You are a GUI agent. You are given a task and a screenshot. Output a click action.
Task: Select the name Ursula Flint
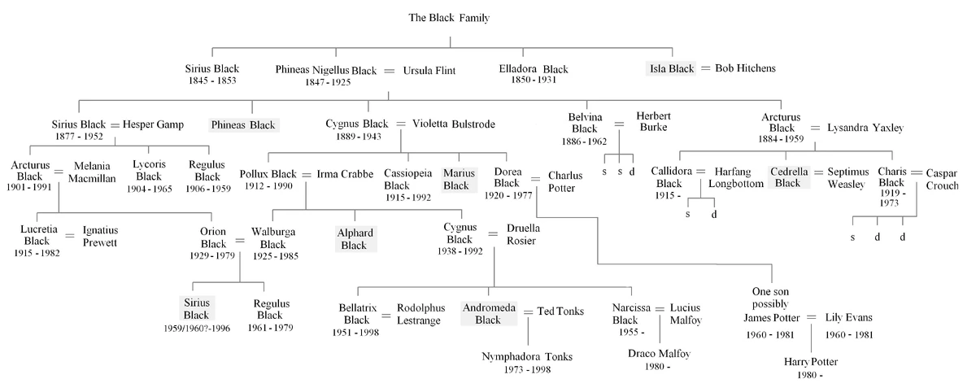pos(429,71)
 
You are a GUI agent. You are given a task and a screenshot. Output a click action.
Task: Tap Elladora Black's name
pos(533,69)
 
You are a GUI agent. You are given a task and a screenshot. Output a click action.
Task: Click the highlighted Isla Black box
pos(670,68)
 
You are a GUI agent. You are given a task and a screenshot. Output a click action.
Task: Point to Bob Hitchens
pos(745,68)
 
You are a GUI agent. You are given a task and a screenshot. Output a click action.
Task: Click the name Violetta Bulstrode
pos(453,124)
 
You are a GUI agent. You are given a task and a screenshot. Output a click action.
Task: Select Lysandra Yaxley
pos(865,128)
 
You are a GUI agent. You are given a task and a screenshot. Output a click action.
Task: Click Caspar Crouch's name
pos(948,178)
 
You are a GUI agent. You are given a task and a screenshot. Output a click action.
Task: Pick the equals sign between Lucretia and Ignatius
pos(68,236)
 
